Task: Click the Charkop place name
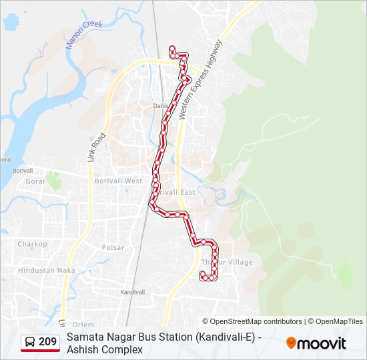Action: [x=33, y=244]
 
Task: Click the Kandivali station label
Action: [x=132, y=292]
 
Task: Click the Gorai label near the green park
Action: [x=35, y=181]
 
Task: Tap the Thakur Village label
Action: [x=228, y=262]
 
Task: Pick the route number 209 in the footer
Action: [x=47, y=342]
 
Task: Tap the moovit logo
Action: [x=316, y=343]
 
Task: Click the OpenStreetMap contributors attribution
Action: [x=252, y=321]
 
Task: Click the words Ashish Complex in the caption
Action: [x=105, y=349]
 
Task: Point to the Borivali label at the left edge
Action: [x=22, y=170]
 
